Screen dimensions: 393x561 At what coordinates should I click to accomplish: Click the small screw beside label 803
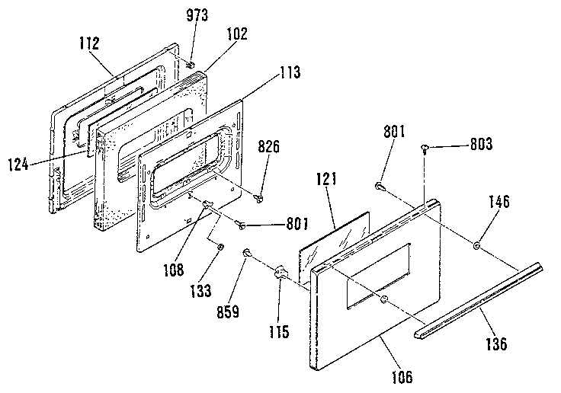point(425,151)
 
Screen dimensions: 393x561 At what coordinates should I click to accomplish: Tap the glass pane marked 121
point(335,244)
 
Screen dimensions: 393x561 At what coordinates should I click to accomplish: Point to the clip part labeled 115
point(280,272)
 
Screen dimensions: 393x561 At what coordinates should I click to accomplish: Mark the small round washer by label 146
point(476,245)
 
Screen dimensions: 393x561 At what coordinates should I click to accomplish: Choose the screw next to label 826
point(259,198)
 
